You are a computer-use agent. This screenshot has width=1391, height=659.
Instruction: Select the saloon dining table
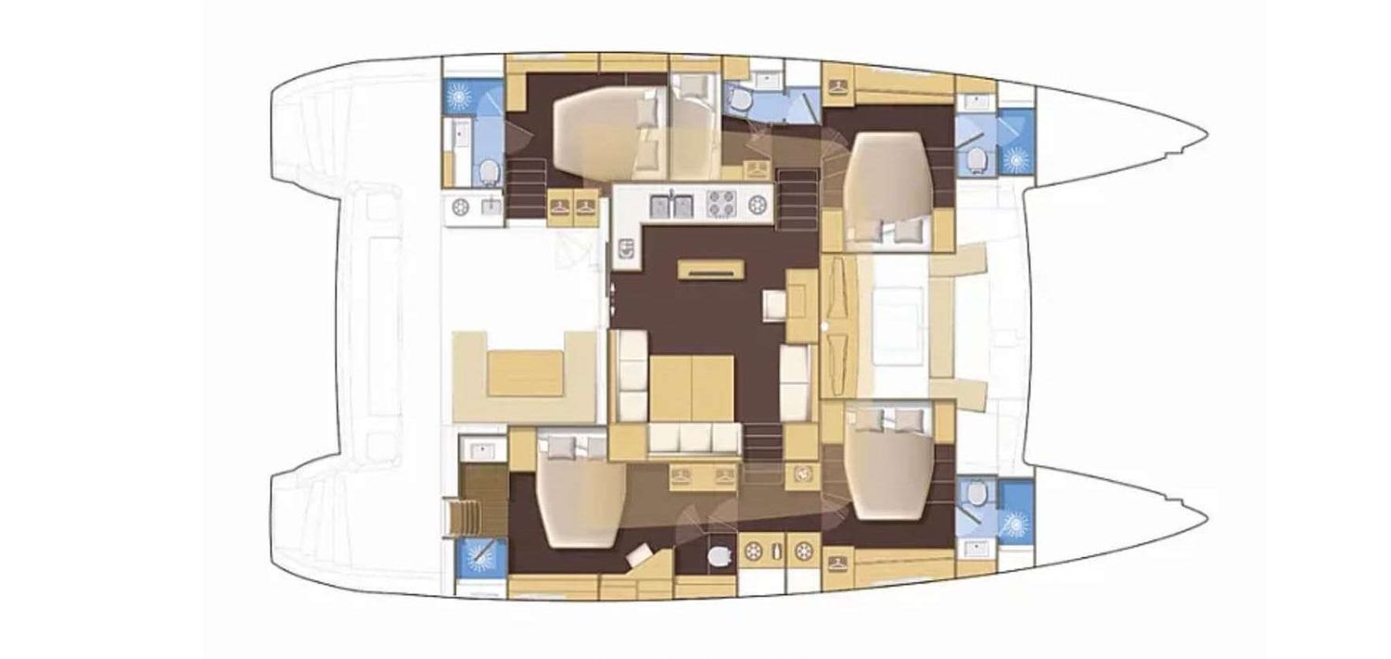(692, 387)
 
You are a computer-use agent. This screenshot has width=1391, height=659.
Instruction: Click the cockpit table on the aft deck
(527, 373)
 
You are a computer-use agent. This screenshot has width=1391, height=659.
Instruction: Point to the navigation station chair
(774, 305)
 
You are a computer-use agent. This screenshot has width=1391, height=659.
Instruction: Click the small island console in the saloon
(711, 269)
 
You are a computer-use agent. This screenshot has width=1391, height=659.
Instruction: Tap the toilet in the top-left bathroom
(489, 171)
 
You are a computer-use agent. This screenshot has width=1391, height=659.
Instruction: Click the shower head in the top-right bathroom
(1017, 158)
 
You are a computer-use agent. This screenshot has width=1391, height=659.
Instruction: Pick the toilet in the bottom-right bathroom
(974, 501)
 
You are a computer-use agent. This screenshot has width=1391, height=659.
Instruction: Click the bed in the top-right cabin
(889, 186)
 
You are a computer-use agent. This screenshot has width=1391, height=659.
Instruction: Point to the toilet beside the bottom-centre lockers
(720, 556)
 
